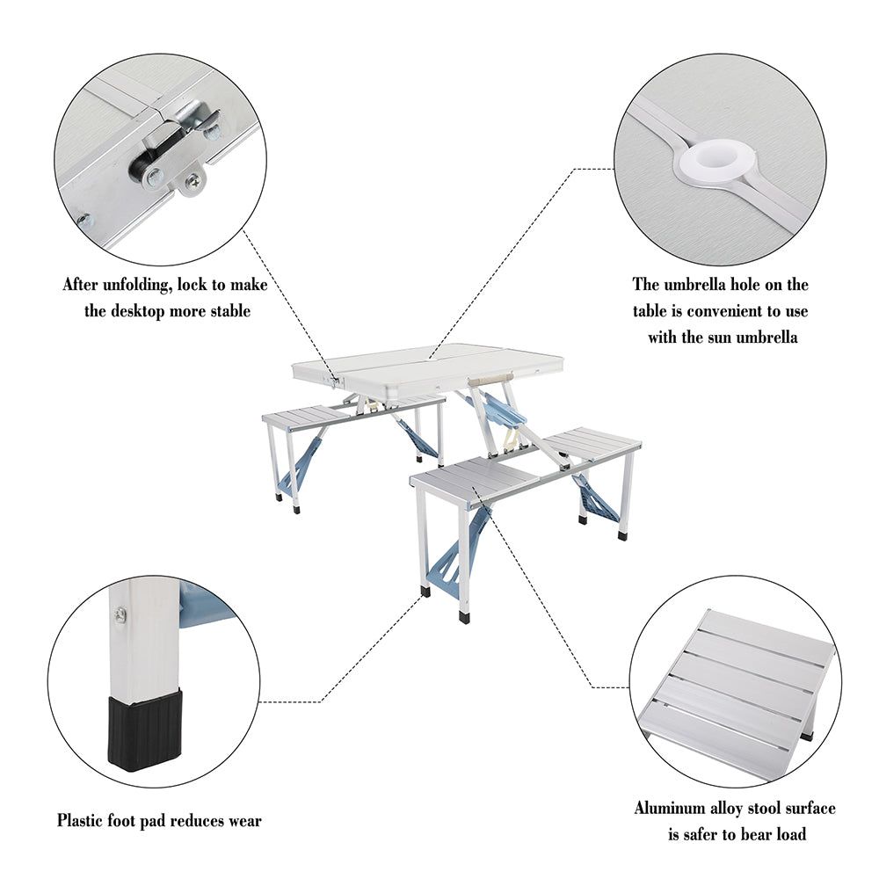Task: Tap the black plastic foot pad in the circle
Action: [x=145, y=729]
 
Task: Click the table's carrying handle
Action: [x=490, y=376]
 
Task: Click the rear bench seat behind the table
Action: [x=352, y=411]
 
